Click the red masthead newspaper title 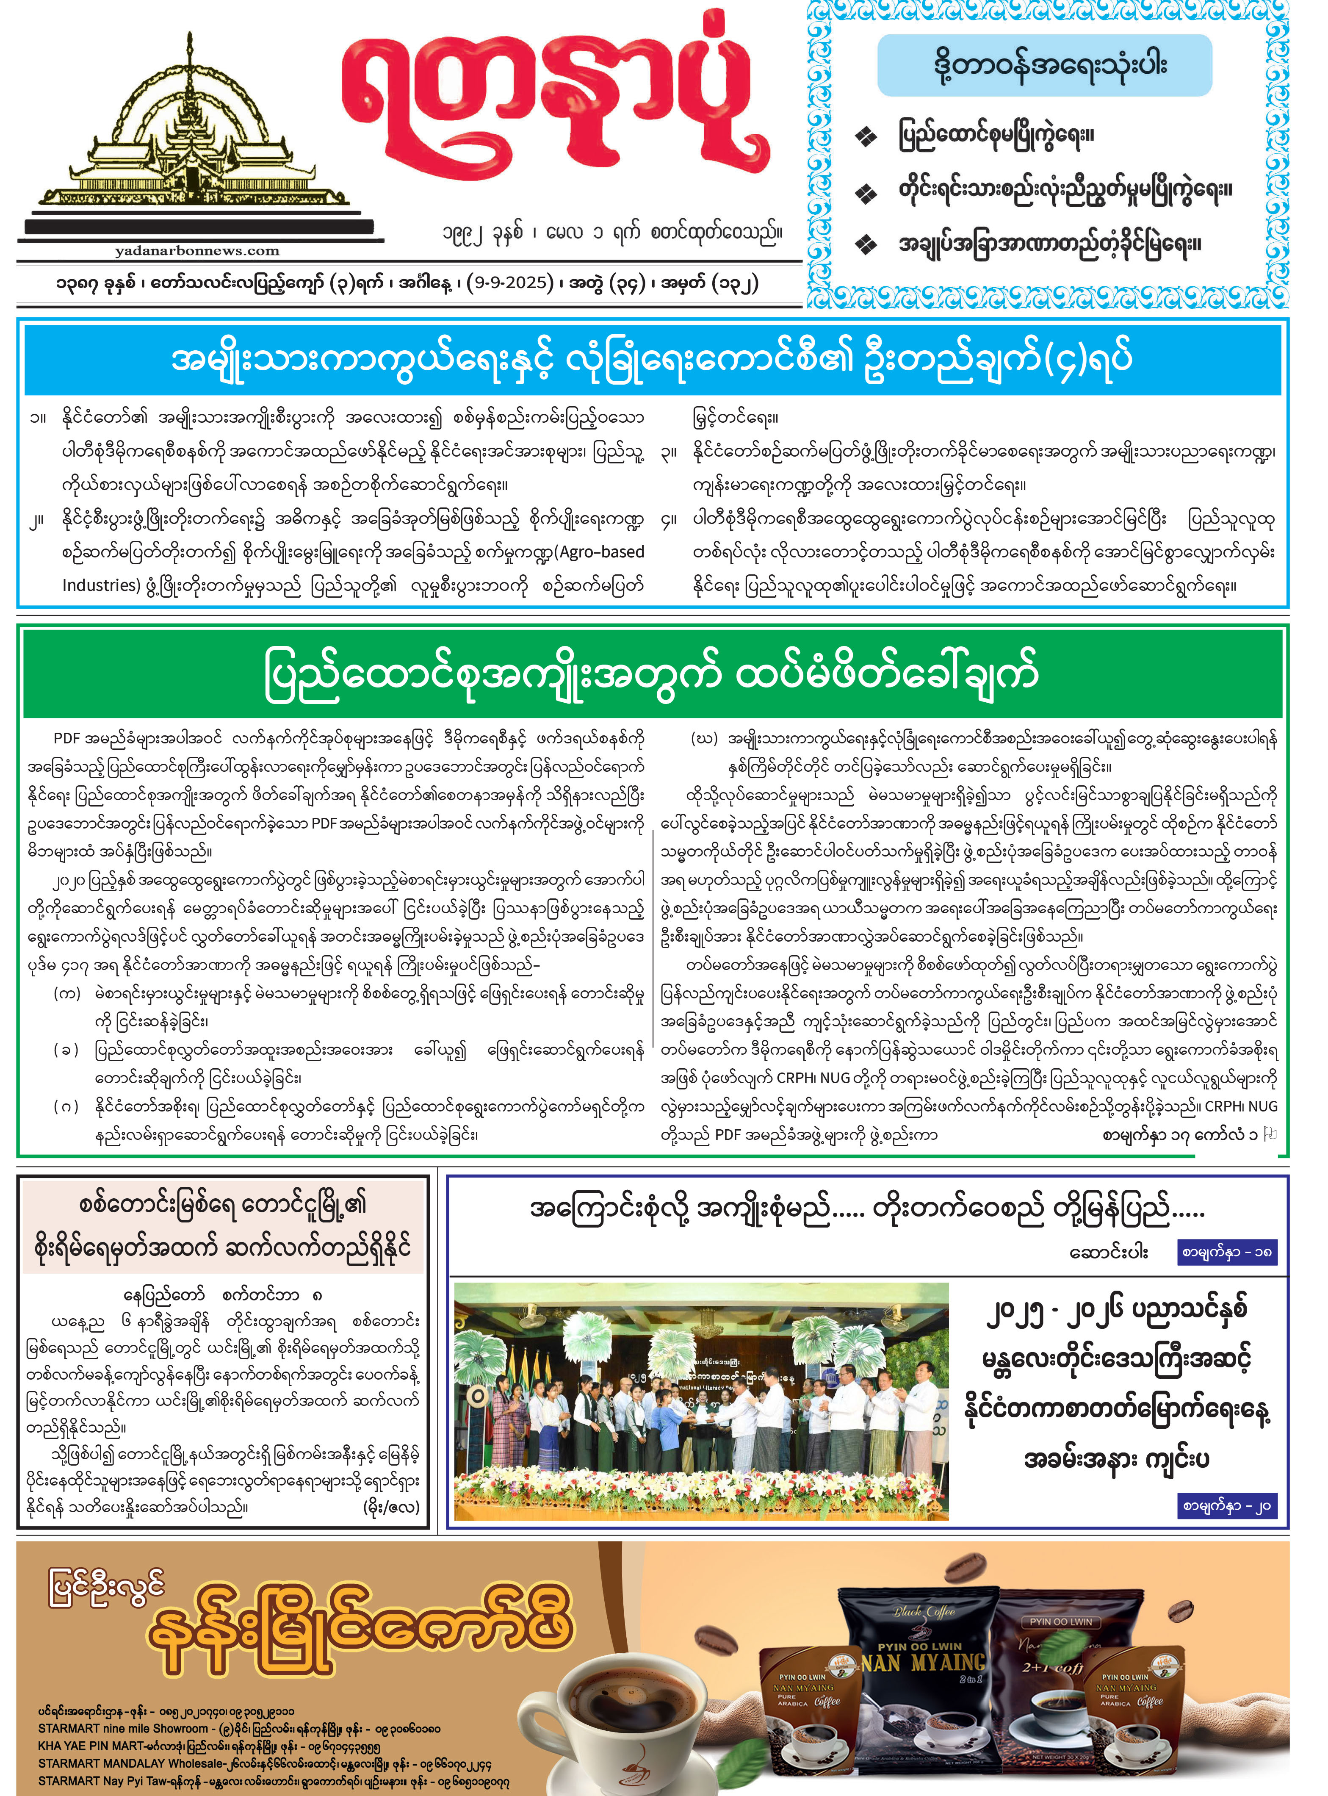[x=555, y=100]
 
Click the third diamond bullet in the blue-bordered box [x=865, y=244]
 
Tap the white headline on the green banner [x=651, y=675]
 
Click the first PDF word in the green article [x=67, y=738]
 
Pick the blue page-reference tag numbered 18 [x=1226, y=1252]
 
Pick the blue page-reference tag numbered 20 [x=1226, y=1505]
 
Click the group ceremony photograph [x=701, y=1400]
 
